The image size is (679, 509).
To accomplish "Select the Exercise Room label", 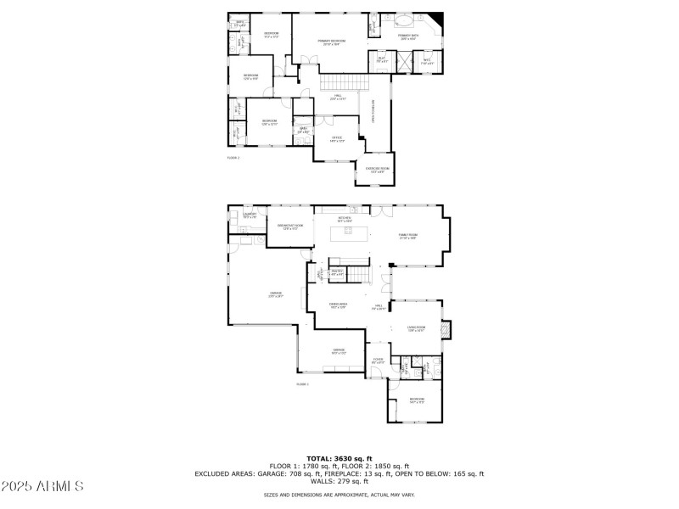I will pos(378,170).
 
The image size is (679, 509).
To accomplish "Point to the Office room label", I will pos(337,138).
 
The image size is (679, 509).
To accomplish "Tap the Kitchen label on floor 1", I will pos(345,219).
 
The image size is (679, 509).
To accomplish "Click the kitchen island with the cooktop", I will pos(350,232).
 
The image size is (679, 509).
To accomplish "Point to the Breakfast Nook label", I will pos(290,226).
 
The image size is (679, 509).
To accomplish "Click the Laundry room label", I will pos(250,215).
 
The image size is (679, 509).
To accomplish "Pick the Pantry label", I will pos(337,272).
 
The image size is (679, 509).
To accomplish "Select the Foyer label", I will pos(378,361).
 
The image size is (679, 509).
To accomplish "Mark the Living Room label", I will pos(416,328).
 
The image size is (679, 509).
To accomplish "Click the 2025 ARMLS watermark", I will pos(42,487).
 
